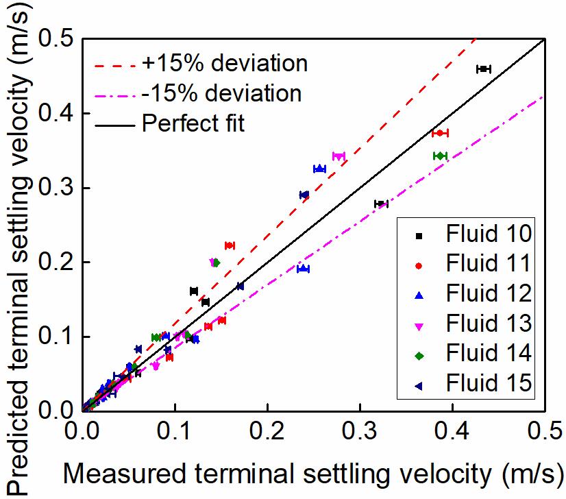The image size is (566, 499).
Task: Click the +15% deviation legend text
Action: coord(225,64)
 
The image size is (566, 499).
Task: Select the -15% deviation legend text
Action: coord(221,93)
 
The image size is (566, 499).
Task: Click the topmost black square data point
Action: coord(484,69)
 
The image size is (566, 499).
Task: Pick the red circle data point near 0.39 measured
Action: coord(440,133)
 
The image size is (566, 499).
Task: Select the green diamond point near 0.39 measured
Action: coord(440,156)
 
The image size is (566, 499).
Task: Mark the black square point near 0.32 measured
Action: coord(381,204)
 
